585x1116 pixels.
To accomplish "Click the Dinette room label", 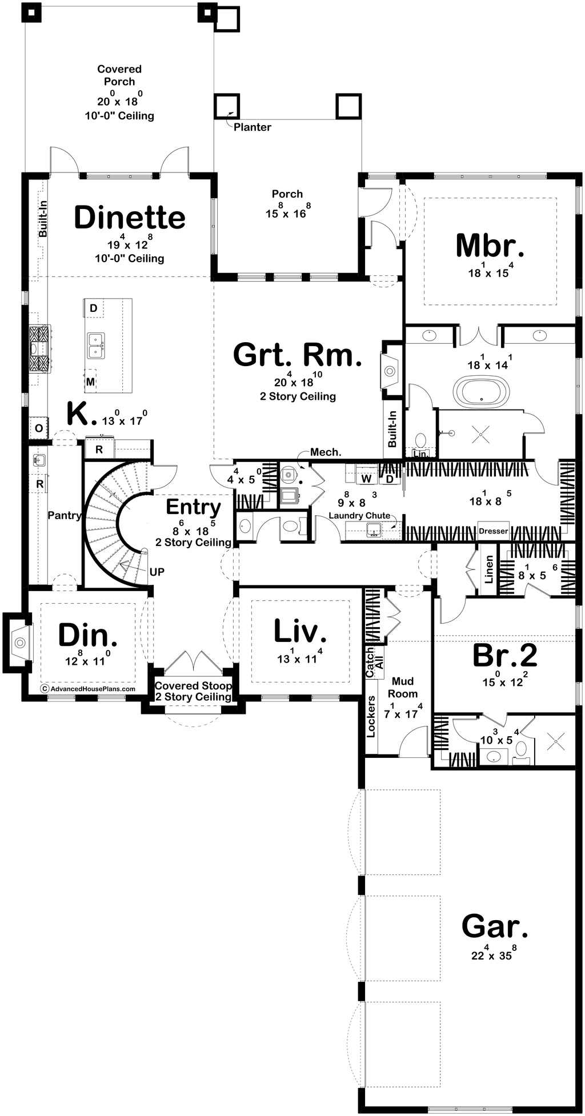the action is [130, 218].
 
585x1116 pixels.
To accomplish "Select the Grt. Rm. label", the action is [298, 355].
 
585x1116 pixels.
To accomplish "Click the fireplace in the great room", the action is [390, 371].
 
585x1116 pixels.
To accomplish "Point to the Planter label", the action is [252, 127].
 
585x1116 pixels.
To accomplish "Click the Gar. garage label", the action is [495, 926].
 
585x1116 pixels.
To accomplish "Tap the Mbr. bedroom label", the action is [490, 246].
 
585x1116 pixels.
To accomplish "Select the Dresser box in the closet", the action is [494, 531].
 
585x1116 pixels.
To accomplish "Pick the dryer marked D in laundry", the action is [390, 478].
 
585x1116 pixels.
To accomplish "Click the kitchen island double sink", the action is [96, 345].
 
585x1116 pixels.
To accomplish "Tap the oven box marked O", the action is [39, 428].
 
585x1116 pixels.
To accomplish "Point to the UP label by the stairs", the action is [157, 571].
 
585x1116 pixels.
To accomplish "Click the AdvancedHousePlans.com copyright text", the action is [89, 689].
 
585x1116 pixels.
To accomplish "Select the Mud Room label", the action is [403, 688].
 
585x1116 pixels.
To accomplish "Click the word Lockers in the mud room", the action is [371, 716].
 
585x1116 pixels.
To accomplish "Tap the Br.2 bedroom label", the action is [505, 656].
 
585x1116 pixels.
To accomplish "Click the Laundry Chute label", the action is [359, 516].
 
